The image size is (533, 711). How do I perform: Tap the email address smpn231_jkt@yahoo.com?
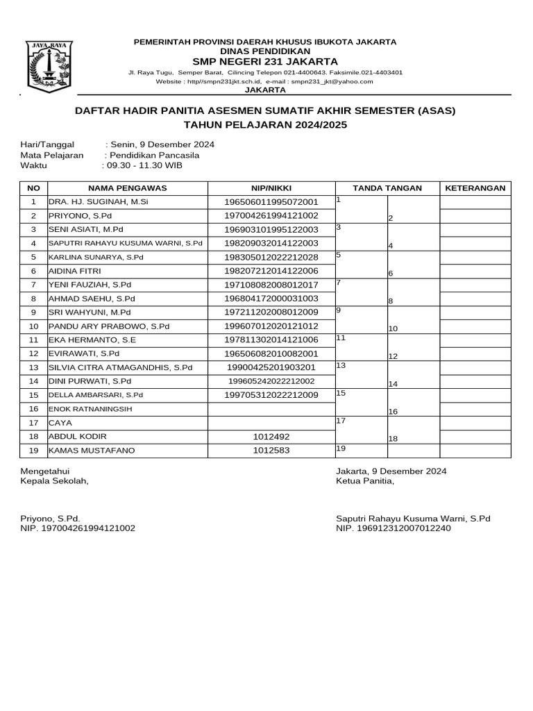click(332, 81)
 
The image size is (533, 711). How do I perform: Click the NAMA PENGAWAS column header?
click(127, 188)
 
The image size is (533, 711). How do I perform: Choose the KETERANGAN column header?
click(475, 188)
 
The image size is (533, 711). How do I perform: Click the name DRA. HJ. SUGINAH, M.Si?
click(98, 202)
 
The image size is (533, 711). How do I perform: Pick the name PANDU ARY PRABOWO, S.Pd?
click(108, 326)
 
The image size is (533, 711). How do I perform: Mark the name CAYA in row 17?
click(60, 423)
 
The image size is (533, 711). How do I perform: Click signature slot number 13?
click(341, 365)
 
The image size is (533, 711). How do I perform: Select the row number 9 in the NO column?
click(33, 312)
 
